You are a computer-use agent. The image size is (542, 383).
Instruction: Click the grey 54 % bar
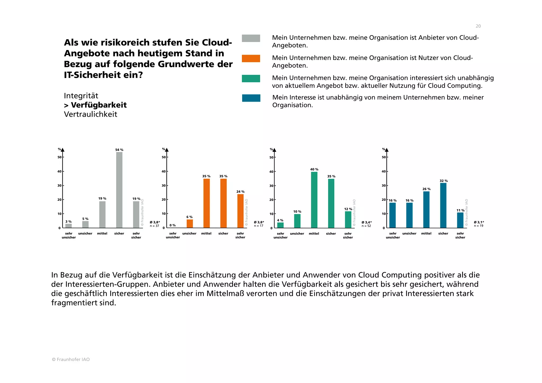pos(119,190)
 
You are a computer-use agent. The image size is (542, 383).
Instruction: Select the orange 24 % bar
pos(240,211)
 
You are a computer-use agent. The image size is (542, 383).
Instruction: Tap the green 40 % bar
pos(314,200)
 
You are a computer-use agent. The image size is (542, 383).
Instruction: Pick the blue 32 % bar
pos(443,206)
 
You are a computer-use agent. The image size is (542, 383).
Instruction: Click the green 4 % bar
pos(280,225)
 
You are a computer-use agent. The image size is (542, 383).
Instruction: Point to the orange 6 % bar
pos(189,224)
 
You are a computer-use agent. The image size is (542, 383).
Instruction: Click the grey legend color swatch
pos(251,38)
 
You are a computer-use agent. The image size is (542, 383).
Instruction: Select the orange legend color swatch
pos(251,58)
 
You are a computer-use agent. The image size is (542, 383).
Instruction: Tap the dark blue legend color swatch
pos(251,98)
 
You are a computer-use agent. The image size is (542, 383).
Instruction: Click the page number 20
pos(478,26)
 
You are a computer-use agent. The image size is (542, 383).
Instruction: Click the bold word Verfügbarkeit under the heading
pos(99,105)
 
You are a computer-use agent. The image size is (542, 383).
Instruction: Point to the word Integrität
pos(81,96)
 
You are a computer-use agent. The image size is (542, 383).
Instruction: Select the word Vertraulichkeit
pos(91,114)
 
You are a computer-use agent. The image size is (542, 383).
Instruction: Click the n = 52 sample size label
pos(366,226)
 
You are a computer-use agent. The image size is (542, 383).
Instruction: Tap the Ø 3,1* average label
pos(479,222)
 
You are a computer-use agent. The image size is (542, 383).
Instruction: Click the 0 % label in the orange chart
pos(173,225)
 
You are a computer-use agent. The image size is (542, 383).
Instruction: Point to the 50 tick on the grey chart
pos(60,157)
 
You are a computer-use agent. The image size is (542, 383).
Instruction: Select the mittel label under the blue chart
pos(426,234)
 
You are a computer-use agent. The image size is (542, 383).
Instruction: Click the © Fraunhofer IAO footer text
pos(71,359)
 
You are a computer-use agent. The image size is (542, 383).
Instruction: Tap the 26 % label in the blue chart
pos(426,189)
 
